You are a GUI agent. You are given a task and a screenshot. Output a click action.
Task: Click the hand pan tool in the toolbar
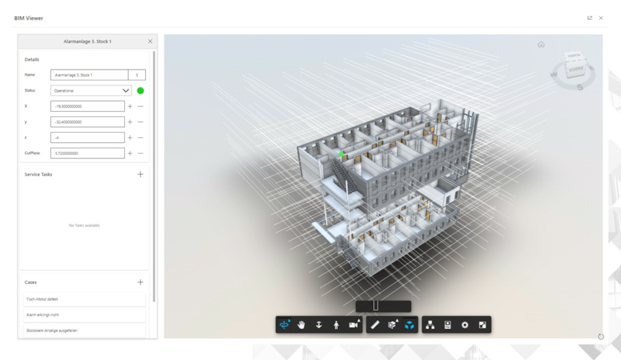pos(302,325)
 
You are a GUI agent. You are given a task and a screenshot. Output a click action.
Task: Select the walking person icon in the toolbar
pos(336,325)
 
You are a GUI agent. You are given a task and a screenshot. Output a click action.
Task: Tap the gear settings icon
pos(465,325)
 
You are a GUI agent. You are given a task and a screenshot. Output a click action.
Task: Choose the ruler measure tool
pos(375,325)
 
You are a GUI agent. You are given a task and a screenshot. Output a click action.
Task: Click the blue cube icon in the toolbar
pos(409,325)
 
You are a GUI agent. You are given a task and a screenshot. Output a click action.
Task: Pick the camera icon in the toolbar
pos(354,325)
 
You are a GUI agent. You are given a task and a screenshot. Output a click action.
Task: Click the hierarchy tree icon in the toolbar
pos(430,325)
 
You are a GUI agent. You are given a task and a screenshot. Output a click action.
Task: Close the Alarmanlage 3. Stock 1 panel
pos(150,42)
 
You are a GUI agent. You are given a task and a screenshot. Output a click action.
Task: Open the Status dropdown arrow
pos(127,91)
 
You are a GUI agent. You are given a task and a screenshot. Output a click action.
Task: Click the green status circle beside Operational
pos(140,91)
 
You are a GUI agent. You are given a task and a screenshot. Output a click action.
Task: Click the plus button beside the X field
pos(130,106)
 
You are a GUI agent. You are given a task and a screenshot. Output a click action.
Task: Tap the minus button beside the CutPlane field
pos(140,153)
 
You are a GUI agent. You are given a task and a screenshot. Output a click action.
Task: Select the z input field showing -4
pos(88,137)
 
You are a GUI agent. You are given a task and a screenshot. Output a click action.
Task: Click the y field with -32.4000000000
pos(88,122)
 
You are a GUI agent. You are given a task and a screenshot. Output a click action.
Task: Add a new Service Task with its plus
pos(140,174)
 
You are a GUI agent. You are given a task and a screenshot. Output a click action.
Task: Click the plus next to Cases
pos(140,282)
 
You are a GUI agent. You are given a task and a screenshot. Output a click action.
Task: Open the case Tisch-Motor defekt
pos(83,299)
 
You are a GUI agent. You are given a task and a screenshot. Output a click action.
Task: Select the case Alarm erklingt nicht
pos(83,315)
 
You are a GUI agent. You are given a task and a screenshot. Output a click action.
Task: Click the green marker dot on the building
pos(341,153)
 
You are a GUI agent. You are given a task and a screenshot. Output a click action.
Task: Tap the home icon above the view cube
pos(541,45)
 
